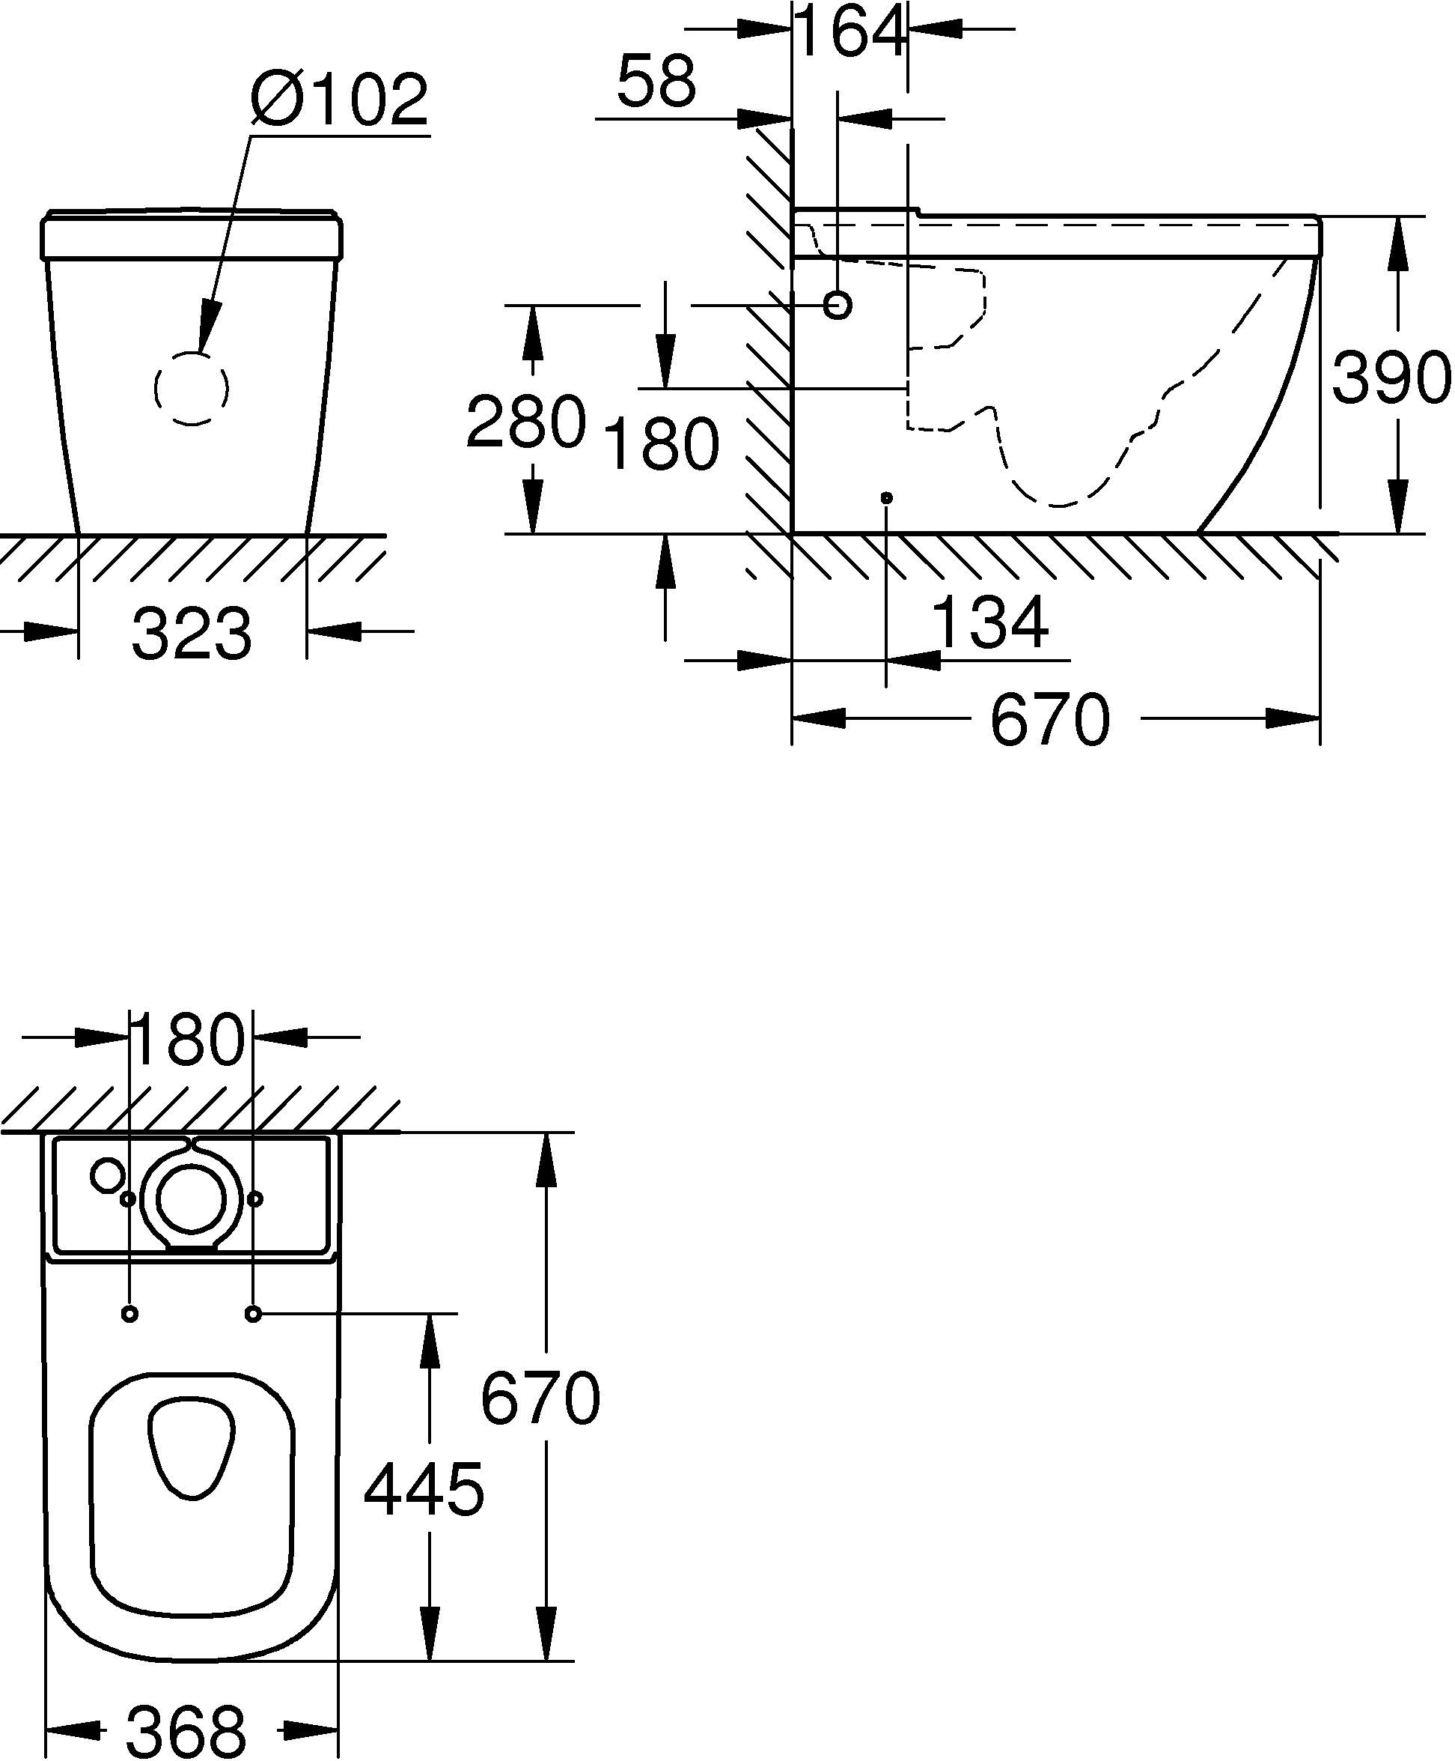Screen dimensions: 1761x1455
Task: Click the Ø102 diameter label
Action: tap(340, 100)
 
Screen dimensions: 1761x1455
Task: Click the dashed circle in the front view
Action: tap(192, 387)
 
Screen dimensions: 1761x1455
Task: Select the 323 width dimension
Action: tap(191, 634)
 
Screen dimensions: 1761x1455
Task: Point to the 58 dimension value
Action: tap(656, 82)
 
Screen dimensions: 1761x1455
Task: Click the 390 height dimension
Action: tap(1391, 378)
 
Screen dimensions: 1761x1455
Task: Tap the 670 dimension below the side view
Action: tap(1049, 720)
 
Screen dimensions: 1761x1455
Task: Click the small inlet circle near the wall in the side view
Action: tap(838, 304)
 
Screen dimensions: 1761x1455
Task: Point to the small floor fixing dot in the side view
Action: tap(887, 498)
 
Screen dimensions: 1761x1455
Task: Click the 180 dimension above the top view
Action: tap(188, 1040)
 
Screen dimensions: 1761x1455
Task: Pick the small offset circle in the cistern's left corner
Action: tap(108, 1174)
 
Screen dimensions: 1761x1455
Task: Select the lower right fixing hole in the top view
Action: tap(254, 1313)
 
